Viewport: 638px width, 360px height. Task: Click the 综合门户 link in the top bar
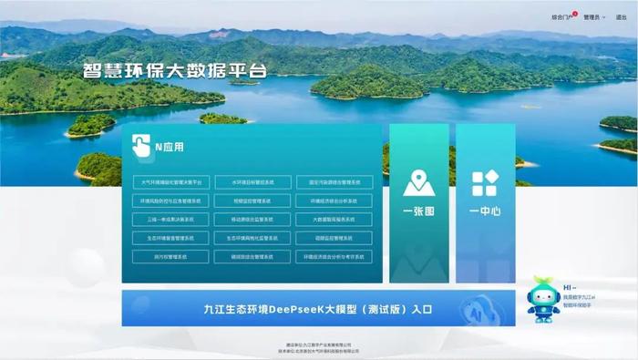point(562,16)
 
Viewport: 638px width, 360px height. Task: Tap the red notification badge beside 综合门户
point(575,14)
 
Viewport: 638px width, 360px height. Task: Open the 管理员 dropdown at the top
point(593,16)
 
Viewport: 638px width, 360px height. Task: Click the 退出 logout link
point(621,16)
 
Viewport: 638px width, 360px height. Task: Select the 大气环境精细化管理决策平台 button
point(171,181)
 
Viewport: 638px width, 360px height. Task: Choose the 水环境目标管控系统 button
point(252,181)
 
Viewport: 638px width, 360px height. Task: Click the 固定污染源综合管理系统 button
point(334,181)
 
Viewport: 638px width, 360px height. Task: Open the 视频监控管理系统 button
point(252,201)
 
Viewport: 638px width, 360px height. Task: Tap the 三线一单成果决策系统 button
point(171,220)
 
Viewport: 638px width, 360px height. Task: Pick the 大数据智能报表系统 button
point(334,220)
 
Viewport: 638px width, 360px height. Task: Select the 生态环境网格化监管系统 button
point(252,238)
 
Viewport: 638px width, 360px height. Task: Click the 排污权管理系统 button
point(171,257)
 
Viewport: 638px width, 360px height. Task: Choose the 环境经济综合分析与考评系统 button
point(334,257)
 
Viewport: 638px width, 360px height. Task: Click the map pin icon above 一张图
point(418,183)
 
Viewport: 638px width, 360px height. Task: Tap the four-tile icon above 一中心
point(485,183)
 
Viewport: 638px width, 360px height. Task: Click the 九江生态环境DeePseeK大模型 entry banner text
point(318,309)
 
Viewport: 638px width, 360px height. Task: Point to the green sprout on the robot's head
point(544,282)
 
